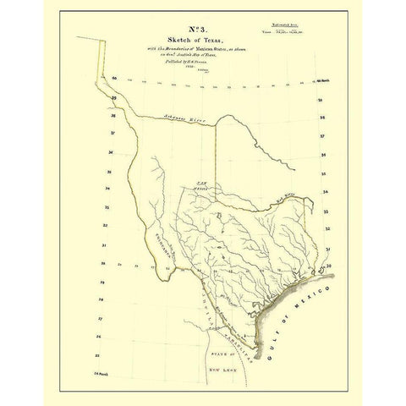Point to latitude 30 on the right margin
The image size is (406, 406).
point(328,264)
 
